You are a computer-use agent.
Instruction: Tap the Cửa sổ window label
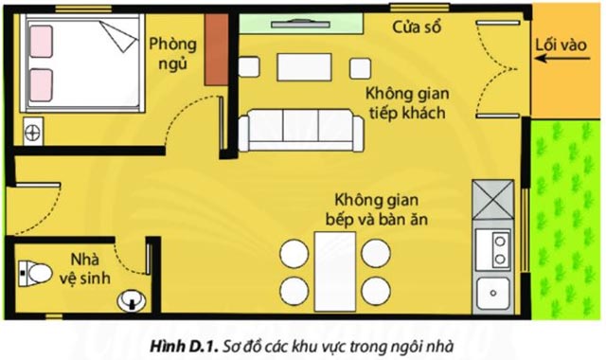(418, 27)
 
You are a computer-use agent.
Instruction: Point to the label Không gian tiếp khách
(408, 104)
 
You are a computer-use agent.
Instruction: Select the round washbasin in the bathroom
(132, 300)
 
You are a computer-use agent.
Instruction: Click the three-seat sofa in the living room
(294, 130)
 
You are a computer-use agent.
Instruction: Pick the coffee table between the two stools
(303, 67)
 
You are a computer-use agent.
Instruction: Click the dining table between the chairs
(335, 270)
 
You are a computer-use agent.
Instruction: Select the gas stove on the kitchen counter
(499, 249)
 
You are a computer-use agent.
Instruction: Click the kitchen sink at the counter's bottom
(493, 292)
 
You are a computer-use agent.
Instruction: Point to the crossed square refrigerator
(493, 199)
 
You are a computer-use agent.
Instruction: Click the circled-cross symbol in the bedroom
(34, 132)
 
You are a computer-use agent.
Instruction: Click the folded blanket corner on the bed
(119, 38)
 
